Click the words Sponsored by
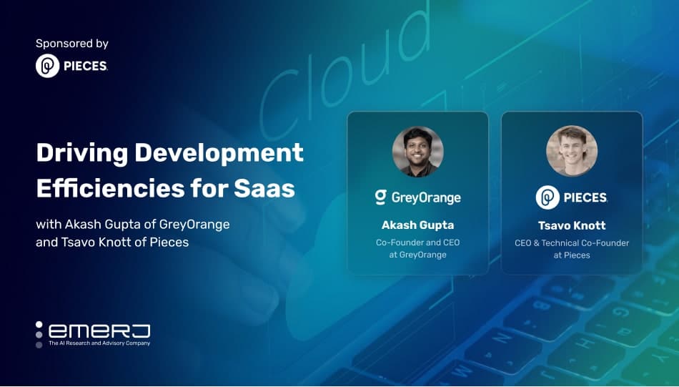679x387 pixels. point(72,44)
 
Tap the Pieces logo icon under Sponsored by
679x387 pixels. point(48,66)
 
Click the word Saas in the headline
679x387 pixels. point(264,188)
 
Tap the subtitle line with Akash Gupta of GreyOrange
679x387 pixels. point(132,224)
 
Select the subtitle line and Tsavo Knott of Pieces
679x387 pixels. point(112,242)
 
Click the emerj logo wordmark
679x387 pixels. point(99,331)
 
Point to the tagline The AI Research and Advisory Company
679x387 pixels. point(99,343)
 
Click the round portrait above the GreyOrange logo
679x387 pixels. point(418,152)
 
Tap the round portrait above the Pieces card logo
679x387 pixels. point(572,151)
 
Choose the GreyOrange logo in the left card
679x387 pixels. point(418,197)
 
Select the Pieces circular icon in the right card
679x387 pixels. point(547,197)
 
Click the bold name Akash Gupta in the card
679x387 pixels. point(418,225)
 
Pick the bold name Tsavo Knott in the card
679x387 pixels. point(572,225)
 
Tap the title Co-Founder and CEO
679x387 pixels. point(418,243)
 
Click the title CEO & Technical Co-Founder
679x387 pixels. point(572,243)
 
